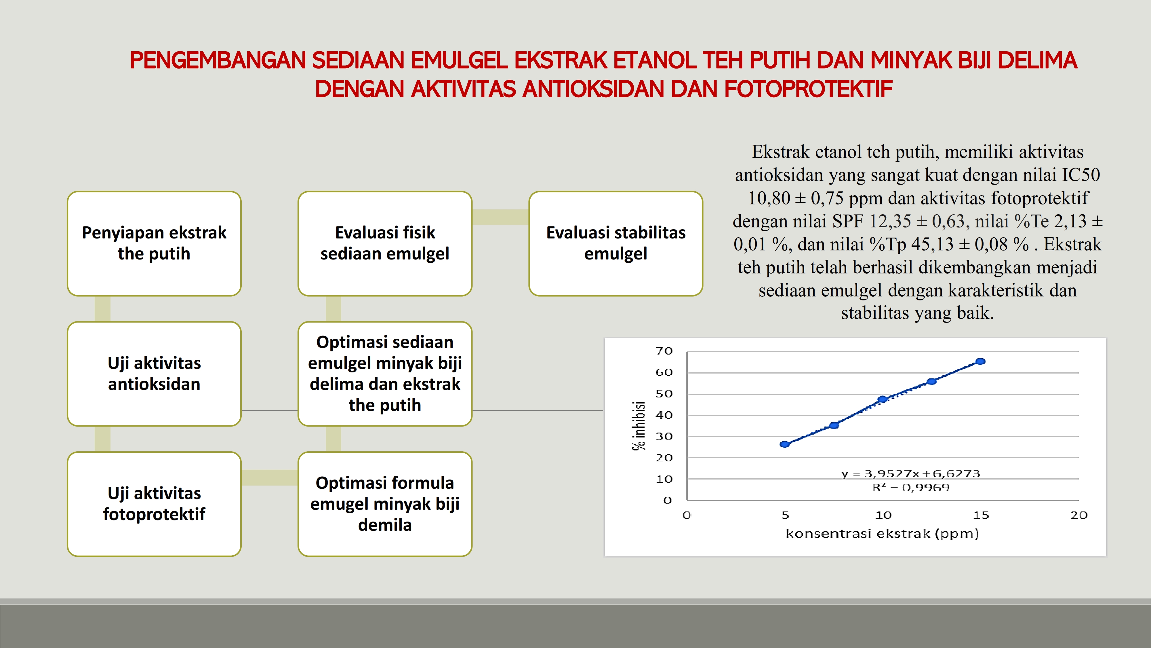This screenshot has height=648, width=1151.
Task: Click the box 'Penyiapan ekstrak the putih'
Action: click(154, 243)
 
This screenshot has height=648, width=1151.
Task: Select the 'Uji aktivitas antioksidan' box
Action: click(154, 374)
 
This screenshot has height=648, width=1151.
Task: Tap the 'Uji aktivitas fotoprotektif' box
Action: click(154, 504)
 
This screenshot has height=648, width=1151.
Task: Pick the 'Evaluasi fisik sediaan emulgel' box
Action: click(385, 243)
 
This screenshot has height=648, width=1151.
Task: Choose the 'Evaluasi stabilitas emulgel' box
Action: click(616, 243)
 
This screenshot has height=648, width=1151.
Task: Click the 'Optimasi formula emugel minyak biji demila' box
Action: click(385, 504)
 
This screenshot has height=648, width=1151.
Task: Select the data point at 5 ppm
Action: click(785, 444)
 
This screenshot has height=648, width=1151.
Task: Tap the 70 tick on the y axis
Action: click(664, 351)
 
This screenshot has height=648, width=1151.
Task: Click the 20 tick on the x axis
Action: click(1078, 515)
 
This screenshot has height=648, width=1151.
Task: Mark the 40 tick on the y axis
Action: click(664, 415)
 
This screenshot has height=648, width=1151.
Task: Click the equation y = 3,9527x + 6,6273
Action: click(911, 473)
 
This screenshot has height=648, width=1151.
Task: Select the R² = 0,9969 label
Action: click(911, 488)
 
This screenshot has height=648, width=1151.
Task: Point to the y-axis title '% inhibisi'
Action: click(639, 426)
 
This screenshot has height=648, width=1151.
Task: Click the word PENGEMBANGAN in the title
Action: click(218, 60)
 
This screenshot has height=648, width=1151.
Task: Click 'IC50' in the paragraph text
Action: click(1081, 175)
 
